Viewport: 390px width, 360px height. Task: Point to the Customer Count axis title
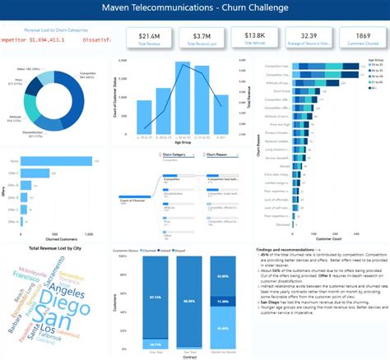pyautogui.click(x=332, y=239)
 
